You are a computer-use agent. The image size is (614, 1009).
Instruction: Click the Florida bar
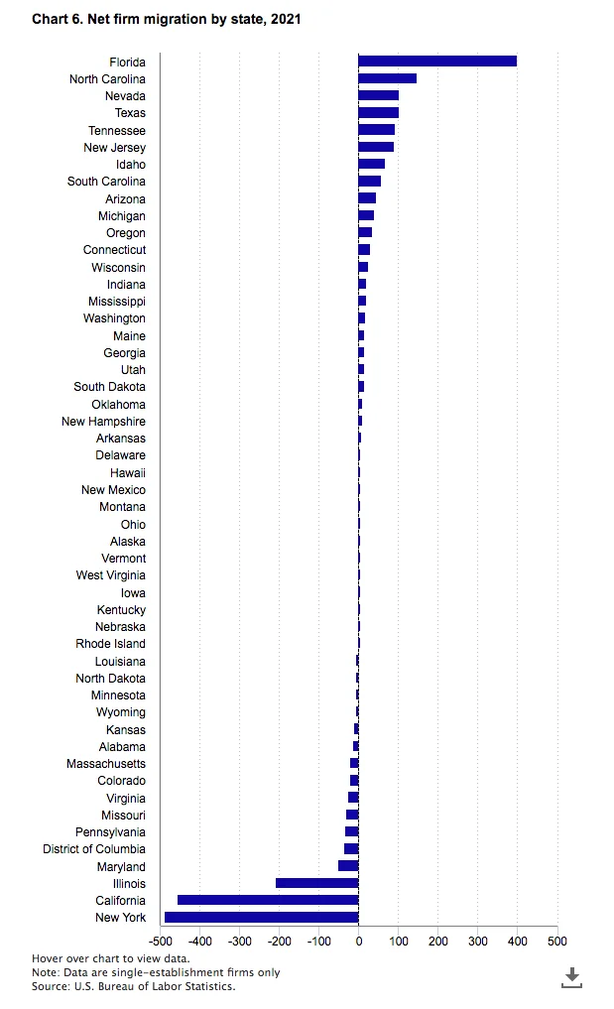[x=437, y=62]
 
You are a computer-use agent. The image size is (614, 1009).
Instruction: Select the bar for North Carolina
[x=388, y=78]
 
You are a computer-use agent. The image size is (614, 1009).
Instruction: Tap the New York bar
[x=261, y=917]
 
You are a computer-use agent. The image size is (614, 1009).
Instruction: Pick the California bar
[x=268, y=900]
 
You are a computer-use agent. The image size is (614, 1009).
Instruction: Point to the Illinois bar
[x=316, y=883]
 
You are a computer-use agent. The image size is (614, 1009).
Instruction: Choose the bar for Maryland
[x=348, y=865]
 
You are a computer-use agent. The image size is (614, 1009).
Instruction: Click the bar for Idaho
[x=371, y=164]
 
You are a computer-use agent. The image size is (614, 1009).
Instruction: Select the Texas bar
[x=379, y=113]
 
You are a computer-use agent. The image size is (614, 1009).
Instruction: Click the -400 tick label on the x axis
[x=199, y=941]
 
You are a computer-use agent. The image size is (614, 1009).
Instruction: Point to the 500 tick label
[x=557, y=941]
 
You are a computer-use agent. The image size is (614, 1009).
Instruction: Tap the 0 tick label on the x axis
[x=358, y=941]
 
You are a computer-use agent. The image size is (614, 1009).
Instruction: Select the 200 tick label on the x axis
[x=438, y=941]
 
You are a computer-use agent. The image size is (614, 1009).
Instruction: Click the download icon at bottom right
[x=571, y=977]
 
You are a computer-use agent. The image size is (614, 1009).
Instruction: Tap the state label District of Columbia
[x=94, y=848]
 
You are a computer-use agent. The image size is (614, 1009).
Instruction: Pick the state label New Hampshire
[x=103, y=422]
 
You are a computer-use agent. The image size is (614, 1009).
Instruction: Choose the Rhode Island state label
[x=111, y=644]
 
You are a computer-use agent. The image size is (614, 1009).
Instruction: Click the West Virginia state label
[x=111, y=575]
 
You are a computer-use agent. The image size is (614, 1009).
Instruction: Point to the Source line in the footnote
[x=134, y=986]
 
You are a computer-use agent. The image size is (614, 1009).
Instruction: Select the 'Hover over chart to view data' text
[x=111, y=958]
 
